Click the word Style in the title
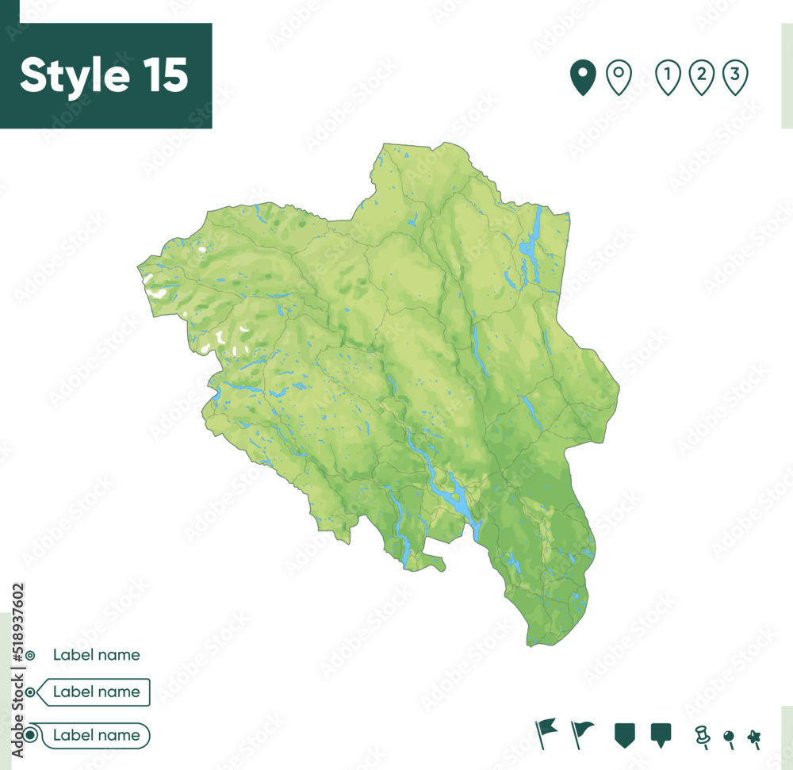tap(75, 75)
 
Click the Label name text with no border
tap(96, 655)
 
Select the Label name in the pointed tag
tap(96, 692)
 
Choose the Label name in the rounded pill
tap(96, 735)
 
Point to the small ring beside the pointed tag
tap(30, 692)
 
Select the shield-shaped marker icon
tap(625, 735)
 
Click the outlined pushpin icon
tap(701, 737)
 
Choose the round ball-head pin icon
tap(728, 737)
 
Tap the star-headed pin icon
tap(753, 737)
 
